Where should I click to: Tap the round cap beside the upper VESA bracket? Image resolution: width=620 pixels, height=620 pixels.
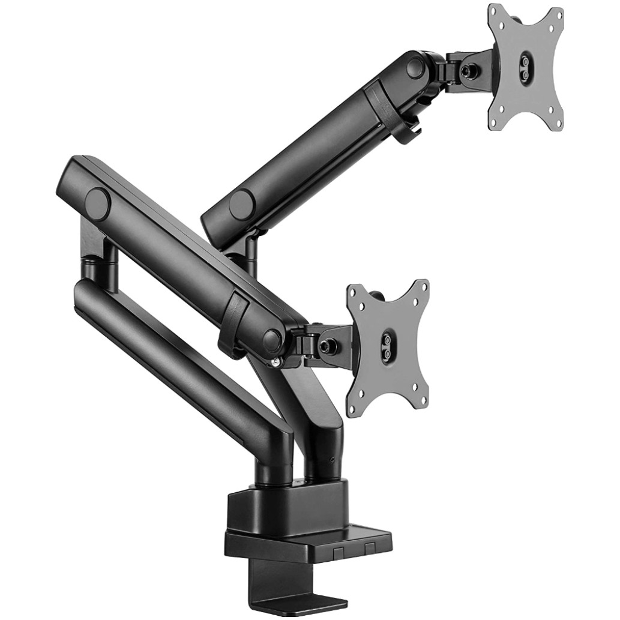tap(415, 67)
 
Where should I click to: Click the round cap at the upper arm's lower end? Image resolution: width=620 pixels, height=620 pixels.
tap(242, 204)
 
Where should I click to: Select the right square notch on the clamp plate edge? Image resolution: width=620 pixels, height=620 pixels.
tap(369, 547)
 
